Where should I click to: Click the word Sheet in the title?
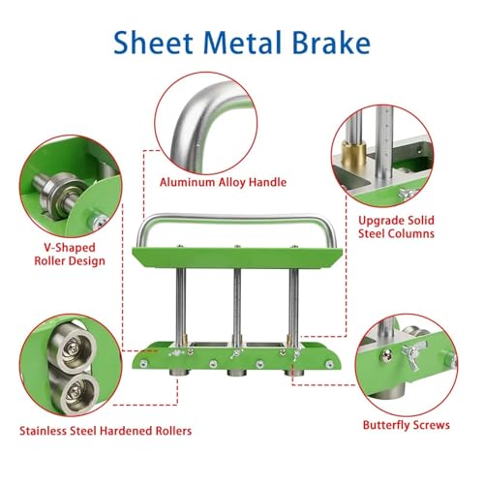click(x=153, y=43)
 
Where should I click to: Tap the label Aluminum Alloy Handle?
click(x=223, y=182)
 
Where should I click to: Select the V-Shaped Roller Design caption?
click(x=70, y=255)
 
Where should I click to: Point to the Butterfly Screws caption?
click(x=406, y=425)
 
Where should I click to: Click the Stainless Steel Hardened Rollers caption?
click(x=106, y=431)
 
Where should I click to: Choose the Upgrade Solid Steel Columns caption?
click(x=396, y=227)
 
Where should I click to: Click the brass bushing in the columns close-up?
click(x=354, y=154)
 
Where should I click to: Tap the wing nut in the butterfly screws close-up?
click(x=412, y=357)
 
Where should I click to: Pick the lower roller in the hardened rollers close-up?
click(x=79, y=393)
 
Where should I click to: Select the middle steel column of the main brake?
click(x=237, y=306)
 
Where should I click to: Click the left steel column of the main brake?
click(x=181, y=306)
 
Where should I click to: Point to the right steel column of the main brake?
click(x=293, y=306)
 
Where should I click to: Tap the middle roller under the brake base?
click(x=237, y=373)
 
